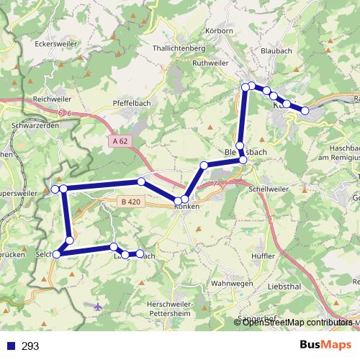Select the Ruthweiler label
pyautogui.click(x=210, y=63)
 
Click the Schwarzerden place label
pyautogui.click(x=35, y=124)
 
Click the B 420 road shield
pyautogui.click(x=130, y=202)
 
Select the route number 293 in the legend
pyautogui.click(x=30, y=346)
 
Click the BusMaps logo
pyautogui.click(x=325, y=345)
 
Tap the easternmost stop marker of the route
pyautogui.click(x=305, y=110)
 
